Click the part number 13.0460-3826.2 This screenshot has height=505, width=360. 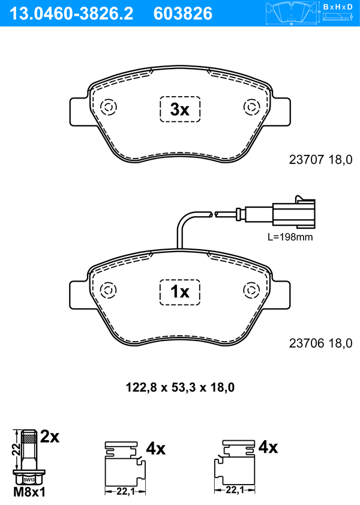point(71,14)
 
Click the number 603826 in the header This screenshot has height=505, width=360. point(183,14)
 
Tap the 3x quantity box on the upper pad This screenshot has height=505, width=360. point(180,109)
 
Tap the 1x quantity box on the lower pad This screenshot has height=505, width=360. point(180,292)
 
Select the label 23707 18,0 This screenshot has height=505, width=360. point(320,160)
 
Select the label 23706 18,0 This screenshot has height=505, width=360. point(320,343)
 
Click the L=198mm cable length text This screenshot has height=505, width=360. point(290,237)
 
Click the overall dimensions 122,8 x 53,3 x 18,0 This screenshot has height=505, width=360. point(180,387)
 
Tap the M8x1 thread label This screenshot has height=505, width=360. point(29,492)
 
